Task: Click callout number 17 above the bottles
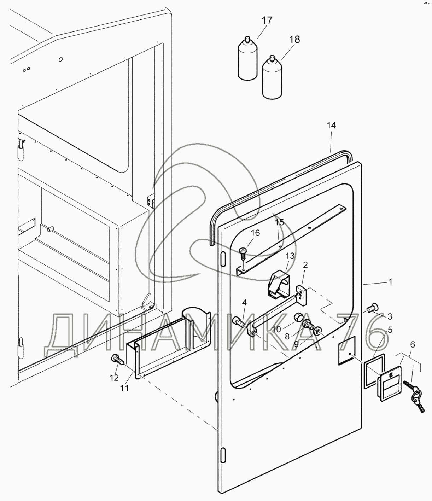[267, 21]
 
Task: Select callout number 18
[294, 40]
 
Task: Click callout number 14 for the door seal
[331, 125]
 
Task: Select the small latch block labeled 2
[302, 296]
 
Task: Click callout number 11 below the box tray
[124, 388]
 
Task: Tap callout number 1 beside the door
[390, 282]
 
